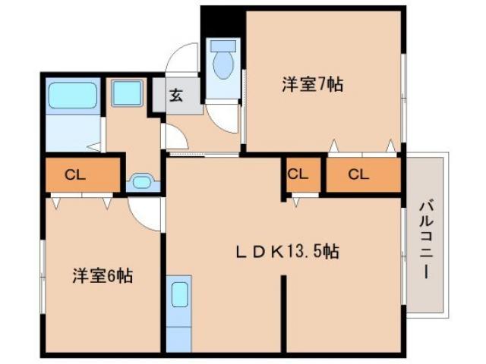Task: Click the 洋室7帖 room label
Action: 312,85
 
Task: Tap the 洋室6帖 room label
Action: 103,275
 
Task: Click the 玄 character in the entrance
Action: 175,96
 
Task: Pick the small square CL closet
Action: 298,174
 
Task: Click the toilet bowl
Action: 222,64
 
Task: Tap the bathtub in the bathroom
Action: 71,96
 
